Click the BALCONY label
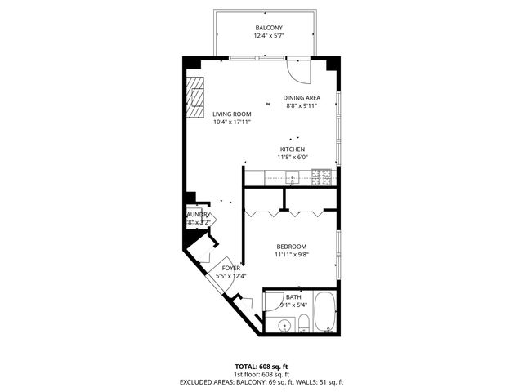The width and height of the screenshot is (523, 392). pos(269,28)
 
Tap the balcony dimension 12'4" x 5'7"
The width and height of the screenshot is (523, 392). pos(269,35)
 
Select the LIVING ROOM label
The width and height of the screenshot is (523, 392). pos(231,114)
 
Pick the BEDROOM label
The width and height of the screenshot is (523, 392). pos(291,247)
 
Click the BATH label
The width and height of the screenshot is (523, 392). pos(293,297)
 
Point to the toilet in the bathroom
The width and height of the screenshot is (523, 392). pos(302,323)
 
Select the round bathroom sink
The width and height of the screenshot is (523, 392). pos(284,325)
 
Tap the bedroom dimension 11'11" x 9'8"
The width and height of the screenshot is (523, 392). pos(291,254)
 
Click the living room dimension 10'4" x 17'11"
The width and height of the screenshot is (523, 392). pos(231,122)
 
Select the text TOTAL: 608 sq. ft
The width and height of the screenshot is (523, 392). pos(261,367)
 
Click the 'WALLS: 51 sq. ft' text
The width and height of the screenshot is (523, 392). pos(320,382)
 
